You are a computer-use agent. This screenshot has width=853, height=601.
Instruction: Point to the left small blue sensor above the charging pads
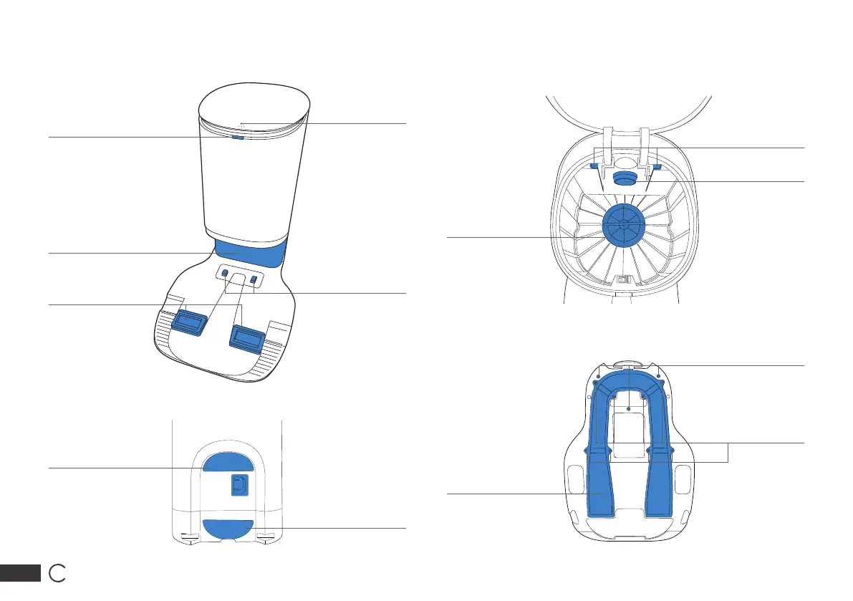coord(225,274)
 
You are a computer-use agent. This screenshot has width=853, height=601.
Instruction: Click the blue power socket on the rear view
coord(238,485)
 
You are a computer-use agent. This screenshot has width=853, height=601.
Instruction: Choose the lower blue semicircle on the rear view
coord(228,529)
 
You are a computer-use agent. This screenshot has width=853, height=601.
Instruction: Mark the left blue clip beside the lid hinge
coord(594,166)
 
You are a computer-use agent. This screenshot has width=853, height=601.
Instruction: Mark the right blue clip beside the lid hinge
coord(656,167)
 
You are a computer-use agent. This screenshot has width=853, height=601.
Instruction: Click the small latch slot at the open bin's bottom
coord(623,281)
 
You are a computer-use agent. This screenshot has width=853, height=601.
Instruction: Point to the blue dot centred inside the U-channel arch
coord(627,408)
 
